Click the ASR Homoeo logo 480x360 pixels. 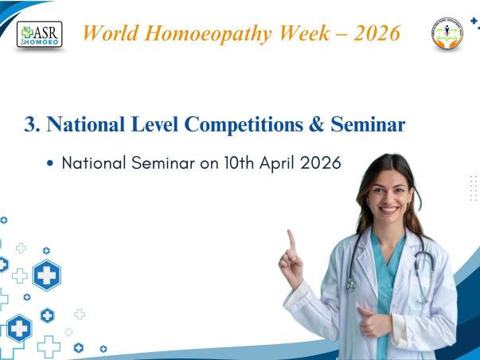[40, 34]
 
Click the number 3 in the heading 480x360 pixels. [31, 124]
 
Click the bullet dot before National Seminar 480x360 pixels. [50, 163]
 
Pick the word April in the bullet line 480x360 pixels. [273, 162]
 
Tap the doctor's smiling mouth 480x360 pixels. [389, 210]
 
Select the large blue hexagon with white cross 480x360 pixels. [47, 276]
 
